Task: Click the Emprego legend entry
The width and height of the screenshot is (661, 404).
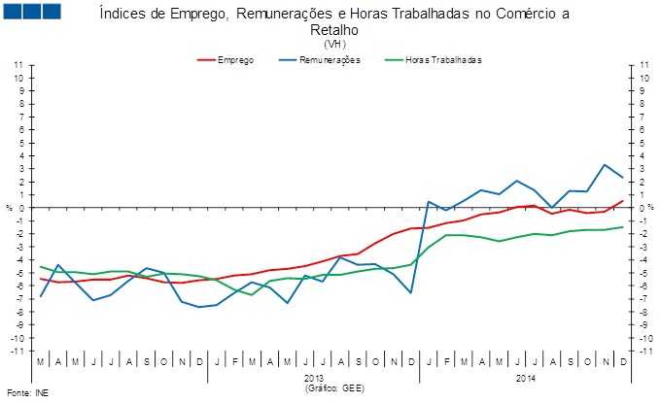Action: tap(236, 60)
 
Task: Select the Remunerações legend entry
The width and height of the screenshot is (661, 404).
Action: tap(332, 60)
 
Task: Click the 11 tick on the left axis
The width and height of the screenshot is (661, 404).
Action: tap(18, 64)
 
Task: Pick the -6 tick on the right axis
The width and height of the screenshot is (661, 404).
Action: tap(644, 286)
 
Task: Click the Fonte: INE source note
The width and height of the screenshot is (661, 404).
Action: tap(26, 393)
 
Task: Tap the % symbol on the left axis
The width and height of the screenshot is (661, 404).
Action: tap(9, 208)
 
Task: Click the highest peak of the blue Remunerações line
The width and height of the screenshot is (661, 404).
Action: tap(605, 164)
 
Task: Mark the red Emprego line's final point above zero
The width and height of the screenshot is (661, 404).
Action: tap(622, 200)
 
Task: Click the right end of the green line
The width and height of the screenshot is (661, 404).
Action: tap(622, 227)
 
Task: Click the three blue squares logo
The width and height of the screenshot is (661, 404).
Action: tap(32, 13)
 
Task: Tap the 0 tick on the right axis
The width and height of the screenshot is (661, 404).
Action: tap(643, 208)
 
